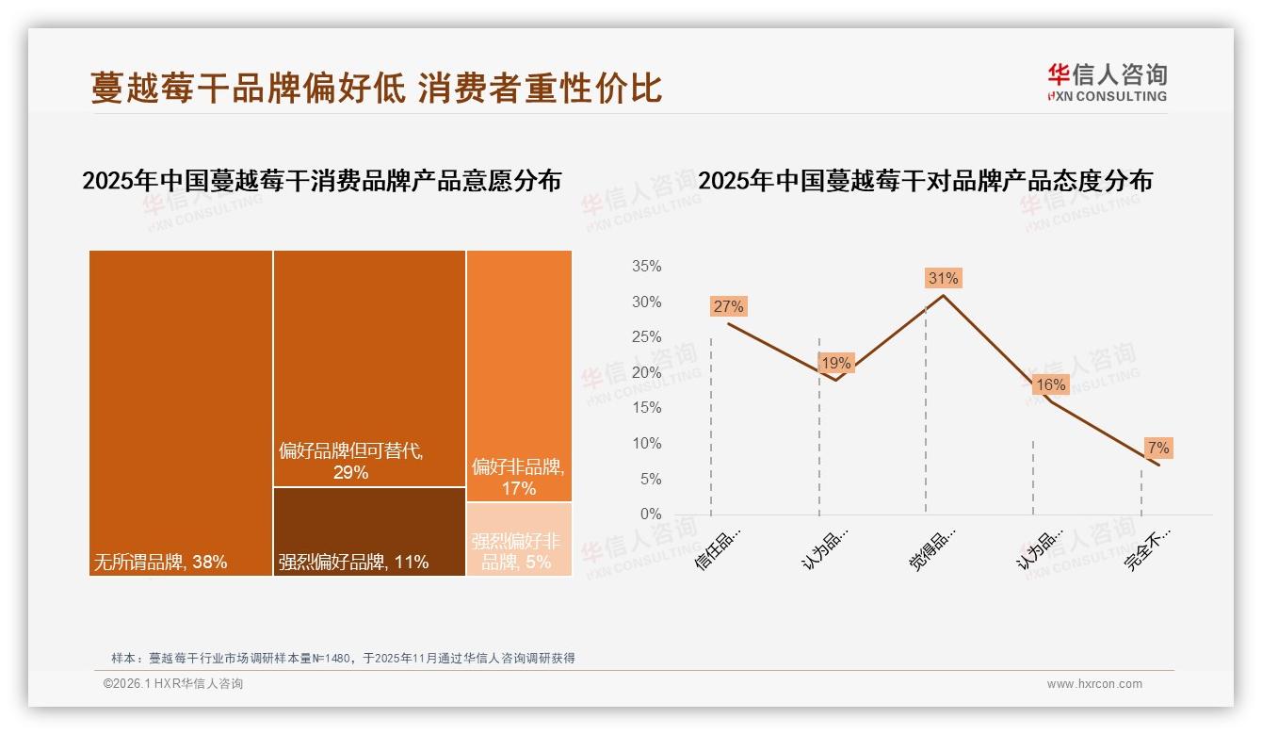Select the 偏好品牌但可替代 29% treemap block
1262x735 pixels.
pyautogui.click(x=369, y=367)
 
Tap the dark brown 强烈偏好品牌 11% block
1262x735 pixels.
pyautogui.click(x=369, y=531)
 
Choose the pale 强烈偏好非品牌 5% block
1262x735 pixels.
pyautogui.click(x=519, y=540)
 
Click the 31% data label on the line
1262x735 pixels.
pyautogui.click(x=943, y=278)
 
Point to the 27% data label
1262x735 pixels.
pyautogui.click(x=728, y=306)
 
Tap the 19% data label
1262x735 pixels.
pyautogui.click(x=835, y=363)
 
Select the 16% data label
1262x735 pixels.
pyautogui.click(x=1050, y=384)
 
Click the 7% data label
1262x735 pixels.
pyautogui.click(x=1157, y=448)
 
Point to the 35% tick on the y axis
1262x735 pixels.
pyautogui.click(x=646, y=267)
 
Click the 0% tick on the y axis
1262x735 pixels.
pyautogui.click(x=650, y=514)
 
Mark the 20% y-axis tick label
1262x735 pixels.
pyautogui.click(x=646, y=372)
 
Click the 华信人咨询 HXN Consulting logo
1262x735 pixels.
pyautogui.click(x=1107, y=83)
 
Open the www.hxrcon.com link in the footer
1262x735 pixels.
pyautogui.click(x=1094, y=684)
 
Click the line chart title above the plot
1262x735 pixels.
pyautogui.click(x=925, y=181)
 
